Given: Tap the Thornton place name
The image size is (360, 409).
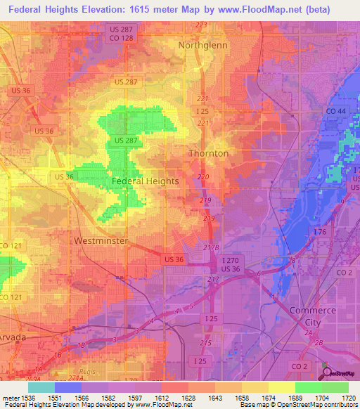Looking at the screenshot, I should [x=208, y=153].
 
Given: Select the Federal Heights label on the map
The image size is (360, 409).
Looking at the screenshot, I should [x=145, y=181].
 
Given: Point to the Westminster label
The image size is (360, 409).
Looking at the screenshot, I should [x=101, y=240].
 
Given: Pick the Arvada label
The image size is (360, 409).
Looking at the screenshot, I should [x=13, y=337].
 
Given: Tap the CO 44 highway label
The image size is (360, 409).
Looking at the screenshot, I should [x=335, y=112].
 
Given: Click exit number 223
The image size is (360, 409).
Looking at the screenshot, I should [x=202, y=25].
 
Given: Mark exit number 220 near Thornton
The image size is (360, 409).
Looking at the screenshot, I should [x=204, y=176].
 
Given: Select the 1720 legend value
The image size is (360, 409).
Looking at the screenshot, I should [x=347, y=398].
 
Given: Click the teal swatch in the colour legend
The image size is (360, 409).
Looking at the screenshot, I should [x=41, y=387].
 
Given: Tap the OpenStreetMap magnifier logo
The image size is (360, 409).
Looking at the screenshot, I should [x=326, y=371].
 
